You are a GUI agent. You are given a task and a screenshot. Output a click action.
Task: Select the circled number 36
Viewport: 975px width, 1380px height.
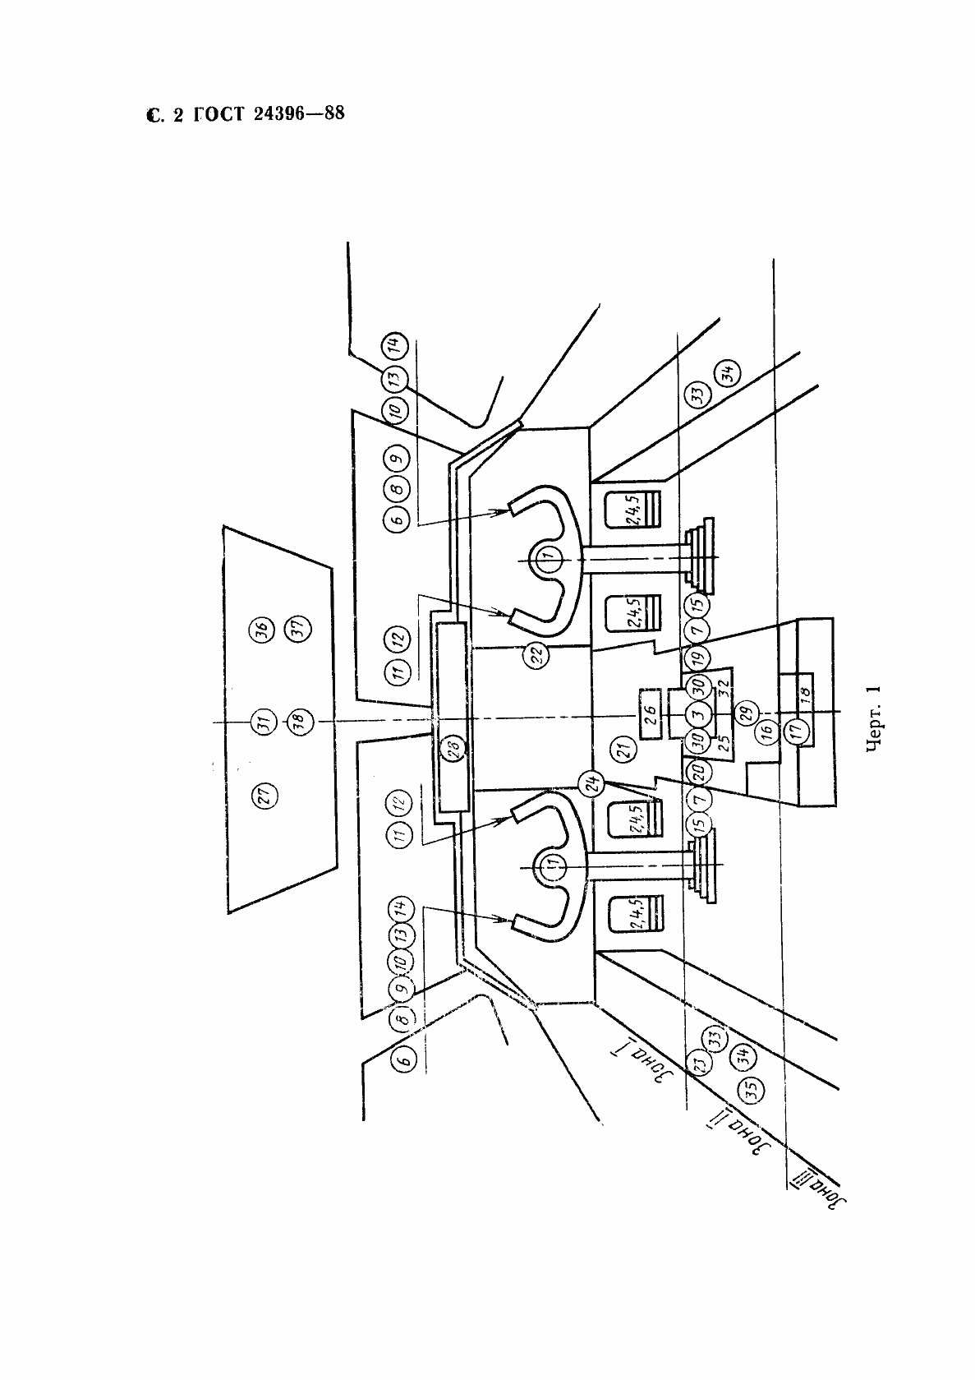click(262, 631)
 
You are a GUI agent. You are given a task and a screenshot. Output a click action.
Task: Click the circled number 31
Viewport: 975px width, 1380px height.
click(263, 722)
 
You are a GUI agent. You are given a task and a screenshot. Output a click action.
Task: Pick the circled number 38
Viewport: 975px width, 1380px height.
click(297, 722)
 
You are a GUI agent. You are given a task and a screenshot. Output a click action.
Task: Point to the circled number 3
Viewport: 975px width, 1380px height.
click(697, 714)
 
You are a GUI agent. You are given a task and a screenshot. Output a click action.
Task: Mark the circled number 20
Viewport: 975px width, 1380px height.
click(697, 771)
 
